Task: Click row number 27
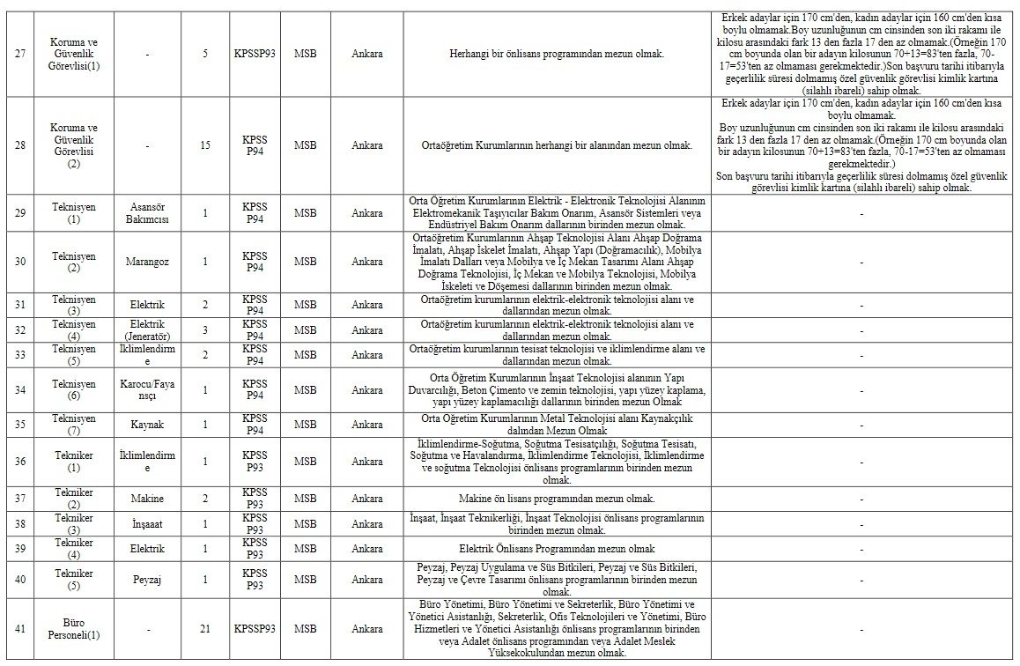click(19, 54)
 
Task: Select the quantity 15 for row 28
click(205, 145)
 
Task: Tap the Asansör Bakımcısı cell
click(147, 212)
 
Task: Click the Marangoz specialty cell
click(147, 262)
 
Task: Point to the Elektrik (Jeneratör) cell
click(147, 330)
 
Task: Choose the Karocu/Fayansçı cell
click(147, 389)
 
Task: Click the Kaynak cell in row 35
click(147, 424)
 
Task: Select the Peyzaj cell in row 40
click(147, 580)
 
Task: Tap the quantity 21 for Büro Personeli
click(205, 629)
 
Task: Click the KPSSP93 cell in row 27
click(255, 54)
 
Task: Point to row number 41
click(19, 629)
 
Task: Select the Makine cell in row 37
click(147, 499)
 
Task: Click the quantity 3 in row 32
click(205, 330)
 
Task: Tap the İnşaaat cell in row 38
click(147, 524)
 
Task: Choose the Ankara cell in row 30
click(366, 262)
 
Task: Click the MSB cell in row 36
click(305, 461)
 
